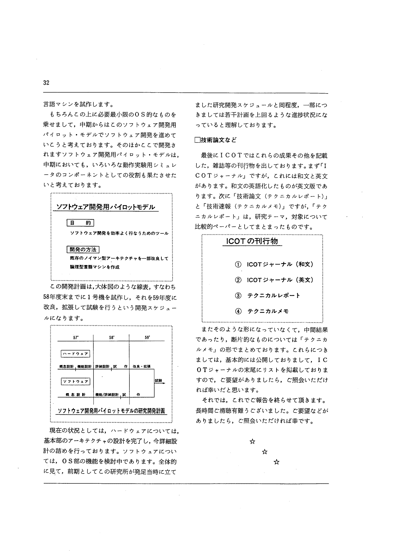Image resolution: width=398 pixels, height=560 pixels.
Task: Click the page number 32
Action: point(46,83)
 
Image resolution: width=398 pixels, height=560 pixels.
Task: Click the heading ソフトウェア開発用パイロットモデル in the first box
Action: point(106,207)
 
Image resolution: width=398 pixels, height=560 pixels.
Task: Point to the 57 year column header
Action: point(76,337)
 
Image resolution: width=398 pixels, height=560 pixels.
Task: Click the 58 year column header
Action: point(112,337)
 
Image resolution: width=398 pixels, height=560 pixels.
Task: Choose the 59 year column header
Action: point(147,337)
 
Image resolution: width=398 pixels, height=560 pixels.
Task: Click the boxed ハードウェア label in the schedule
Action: point(75,354)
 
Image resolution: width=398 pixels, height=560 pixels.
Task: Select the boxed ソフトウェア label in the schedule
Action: point(75,381)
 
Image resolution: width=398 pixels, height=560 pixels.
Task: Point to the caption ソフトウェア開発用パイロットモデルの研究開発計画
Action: point(111,411)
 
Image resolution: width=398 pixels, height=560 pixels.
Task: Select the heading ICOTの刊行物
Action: point(252,241)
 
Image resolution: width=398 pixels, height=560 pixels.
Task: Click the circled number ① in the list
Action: point(238,264)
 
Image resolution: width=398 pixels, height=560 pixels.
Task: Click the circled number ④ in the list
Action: point(238,311)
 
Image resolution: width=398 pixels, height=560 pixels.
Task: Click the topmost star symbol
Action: point(252,442)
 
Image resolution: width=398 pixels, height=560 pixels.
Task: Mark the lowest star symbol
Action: point(276,462)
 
